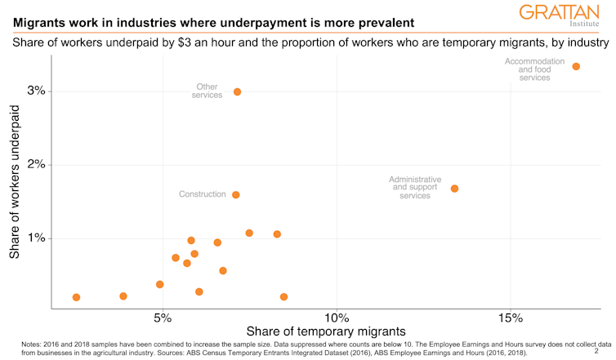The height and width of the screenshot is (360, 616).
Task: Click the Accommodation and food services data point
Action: point(576,66)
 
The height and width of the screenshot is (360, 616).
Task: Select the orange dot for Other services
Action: point(237,92)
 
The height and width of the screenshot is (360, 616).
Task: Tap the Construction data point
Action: point(236,195)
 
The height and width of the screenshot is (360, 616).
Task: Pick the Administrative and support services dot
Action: point(454,189)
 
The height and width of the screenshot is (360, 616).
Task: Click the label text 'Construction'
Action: point(202,194)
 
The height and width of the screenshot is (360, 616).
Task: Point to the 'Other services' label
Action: point(207,91)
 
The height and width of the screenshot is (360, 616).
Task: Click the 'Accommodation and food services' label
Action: point(534,69)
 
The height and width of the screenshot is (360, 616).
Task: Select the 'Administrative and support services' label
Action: point(415,188)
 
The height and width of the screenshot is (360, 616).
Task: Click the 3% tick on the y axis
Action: point(35,91)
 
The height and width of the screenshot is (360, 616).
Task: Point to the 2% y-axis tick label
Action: point(35,165)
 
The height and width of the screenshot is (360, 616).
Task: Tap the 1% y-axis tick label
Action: point(35,238)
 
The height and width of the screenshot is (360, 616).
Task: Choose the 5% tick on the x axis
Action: point(163,317)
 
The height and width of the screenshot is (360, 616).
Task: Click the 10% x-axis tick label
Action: point(337,317)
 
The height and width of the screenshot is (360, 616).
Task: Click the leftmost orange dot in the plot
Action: point(76,297)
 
